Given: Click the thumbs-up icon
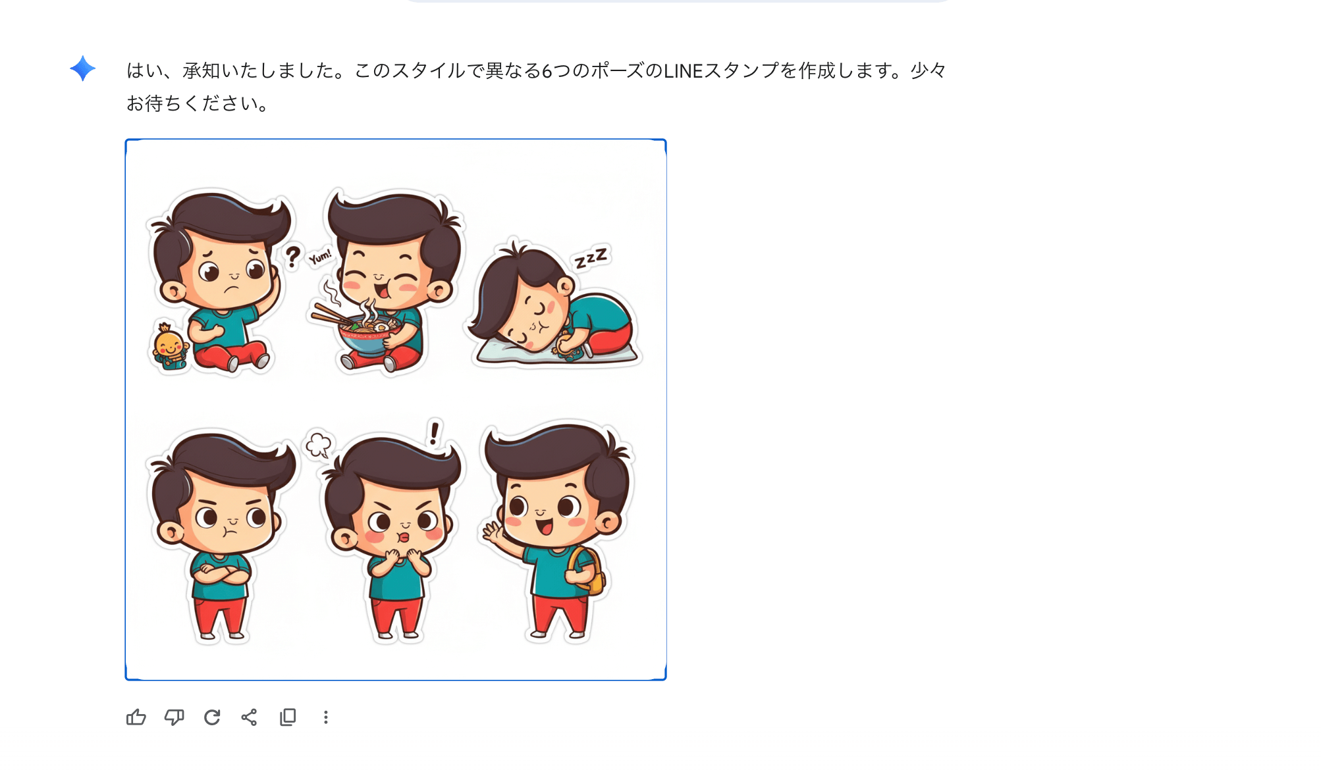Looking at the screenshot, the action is (x=136, y=717).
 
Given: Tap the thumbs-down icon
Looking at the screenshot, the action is (x=174, y=717).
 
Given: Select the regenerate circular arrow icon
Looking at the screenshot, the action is (x=212, y=717).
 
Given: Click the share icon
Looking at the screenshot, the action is (x=249, y=717).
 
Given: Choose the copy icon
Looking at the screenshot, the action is (x=288, y=717).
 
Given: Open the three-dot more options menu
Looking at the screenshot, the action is (x=325, y=717).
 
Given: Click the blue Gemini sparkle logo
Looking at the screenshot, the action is (x=83, y=68).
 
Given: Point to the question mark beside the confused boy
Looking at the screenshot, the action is (x=292, y=256).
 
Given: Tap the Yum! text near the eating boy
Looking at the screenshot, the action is (x=321, y=257).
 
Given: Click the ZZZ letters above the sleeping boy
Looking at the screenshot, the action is (x=591, y=258).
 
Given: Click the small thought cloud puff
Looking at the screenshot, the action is (x=319, y=444).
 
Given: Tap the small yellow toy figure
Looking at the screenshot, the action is (x=170, y=346).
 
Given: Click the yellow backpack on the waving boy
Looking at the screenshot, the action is (x=587, y=570).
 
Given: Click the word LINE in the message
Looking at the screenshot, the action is (x=684, y=70).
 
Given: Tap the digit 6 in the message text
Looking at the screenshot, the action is (x=547, y=70).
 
